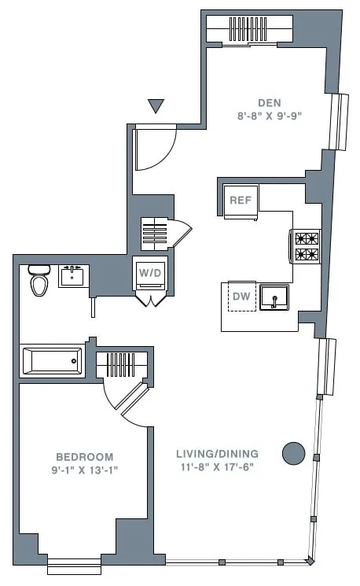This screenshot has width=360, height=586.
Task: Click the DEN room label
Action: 269,102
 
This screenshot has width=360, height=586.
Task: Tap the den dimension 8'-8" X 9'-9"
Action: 269,115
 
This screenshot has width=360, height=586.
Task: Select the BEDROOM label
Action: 84,457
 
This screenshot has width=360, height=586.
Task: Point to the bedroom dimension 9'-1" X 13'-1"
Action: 84,470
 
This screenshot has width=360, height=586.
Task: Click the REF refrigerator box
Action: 241,200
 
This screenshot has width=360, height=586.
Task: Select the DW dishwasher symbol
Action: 242,296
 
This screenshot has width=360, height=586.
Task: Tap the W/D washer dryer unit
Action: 149,273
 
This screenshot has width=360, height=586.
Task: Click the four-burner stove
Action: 307,246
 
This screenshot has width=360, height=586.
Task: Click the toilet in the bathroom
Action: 39,281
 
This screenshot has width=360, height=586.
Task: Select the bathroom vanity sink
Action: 74,276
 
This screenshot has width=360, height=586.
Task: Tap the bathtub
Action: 52,361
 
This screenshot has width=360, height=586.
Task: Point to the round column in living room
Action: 293,452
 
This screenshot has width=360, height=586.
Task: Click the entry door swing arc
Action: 156,149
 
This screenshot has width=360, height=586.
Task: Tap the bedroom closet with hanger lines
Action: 121,365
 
